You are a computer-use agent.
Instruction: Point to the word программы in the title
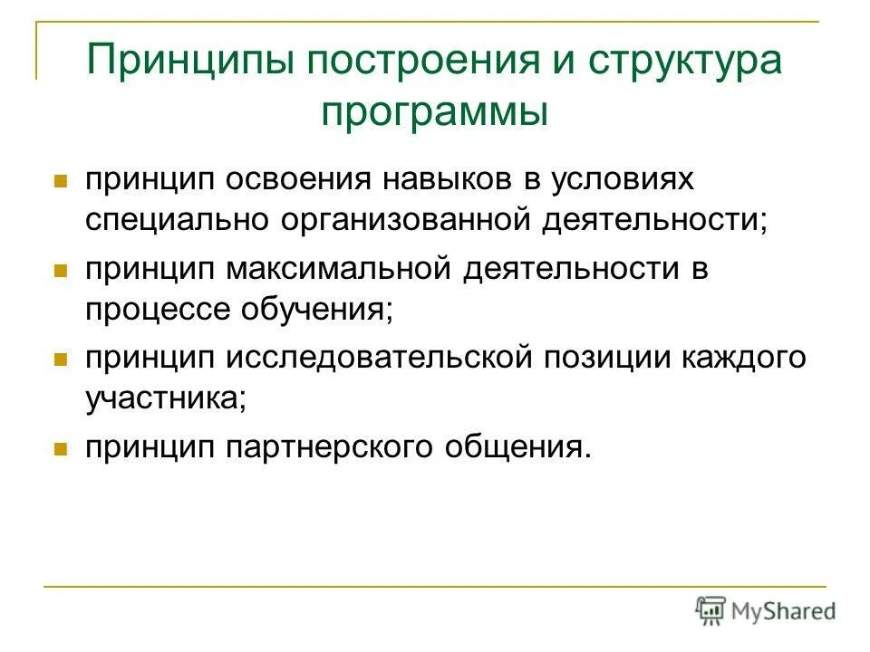[x=434, y=113]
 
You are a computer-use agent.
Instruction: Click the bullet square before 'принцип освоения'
[x=62, y=180]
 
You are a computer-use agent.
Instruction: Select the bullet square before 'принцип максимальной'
[x=62, y=270]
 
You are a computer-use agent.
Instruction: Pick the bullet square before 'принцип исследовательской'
[x=62, y=360]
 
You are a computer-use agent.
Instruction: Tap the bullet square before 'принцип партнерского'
[x=62, y=448]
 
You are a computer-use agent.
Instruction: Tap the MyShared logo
[x=766, y=609]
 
